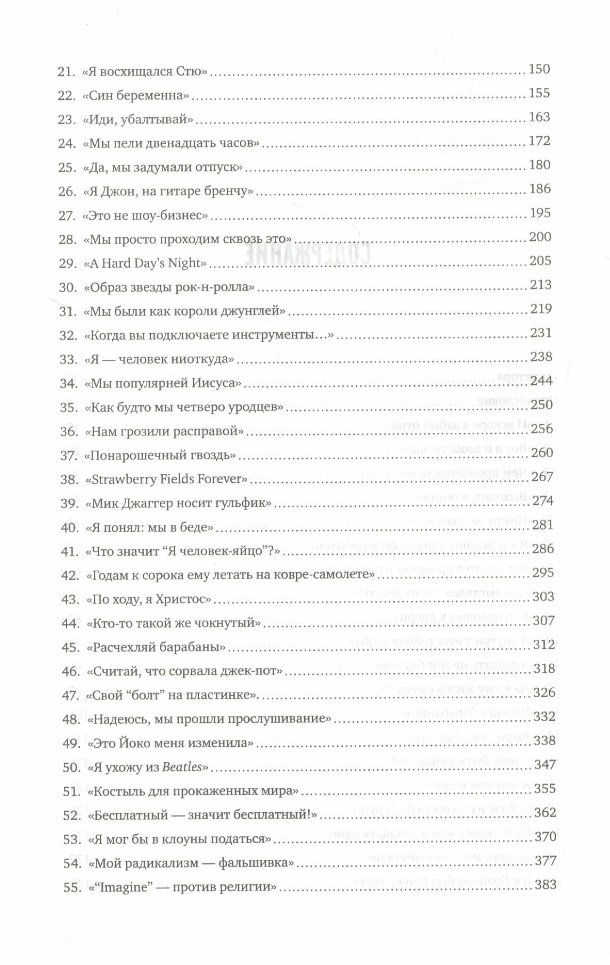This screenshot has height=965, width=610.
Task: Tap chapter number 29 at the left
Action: tap(67, 263)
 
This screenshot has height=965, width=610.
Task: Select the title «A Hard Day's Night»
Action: tap(144, 263)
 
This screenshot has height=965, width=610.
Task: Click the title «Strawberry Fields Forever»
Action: tap(167, 479)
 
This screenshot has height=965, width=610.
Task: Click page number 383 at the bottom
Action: tap(544, 884)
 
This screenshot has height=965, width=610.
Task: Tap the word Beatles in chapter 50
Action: tap(182, 768)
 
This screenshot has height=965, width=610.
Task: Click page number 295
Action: tap(543, 573)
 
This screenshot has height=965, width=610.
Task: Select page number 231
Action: tap(541, 333)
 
